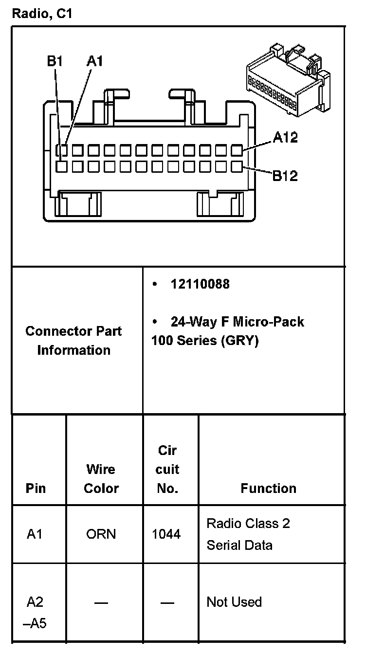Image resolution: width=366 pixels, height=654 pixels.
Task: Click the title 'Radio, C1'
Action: (42, 14)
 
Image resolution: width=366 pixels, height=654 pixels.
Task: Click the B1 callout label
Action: (55, 61)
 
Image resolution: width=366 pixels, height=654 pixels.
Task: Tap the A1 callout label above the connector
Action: (95, 61)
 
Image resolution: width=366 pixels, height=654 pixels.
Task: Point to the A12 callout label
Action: (285, 138)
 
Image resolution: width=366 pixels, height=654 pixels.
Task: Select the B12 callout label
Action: (285, 175)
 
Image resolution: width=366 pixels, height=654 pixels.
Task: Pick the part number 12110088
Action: (200, 284)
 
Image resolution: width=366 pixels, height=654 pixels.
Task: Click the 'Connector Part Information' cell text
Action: (73, 341)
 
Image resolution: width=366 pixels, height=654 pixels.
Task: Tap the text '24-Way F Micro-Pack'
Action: (237, 322)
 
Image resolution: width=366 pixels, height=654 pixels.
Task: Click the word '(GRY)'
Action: (239, 341)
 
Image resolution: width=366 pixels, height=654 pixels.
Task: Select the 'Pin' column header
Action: (36, 488)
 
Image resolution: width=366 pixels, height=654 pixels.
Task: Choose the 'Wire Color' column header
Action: (101, 479)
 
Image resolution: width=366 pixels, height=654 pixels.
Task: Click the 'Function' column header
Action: (268, 488)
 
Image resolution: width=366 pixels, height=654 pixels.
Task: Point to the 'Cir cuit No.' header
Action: (167, 470)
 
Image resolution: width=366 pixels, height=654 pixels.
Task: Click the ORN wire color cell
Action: (101, 534)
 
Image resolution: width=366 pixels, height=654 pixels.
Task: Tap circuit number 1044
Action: (166, 534)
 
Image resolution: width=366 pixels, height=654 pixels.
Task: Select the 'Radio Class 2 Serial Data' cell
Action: (248, 534)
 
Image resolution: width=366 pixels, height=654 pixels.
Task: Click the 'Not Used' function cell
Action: (234, 602)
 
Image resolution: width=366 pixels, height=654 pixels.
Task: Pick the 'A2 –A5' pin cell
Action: (35, 612)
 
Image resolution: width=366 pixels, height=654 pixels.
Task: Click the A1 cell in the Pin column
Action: (35, 534)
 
